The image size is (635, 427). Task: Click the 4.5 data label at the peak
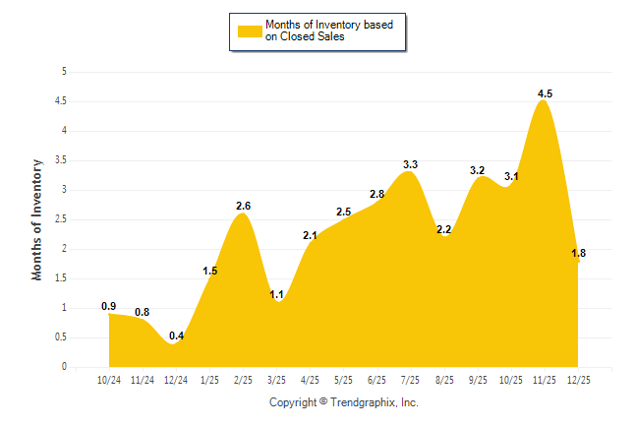point(545,93)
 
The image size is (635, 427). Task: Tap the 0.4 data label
point(176,336)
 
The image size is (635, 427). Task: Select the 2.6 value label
point(244,206)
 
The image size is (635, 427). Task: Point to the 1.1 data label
point(276,294)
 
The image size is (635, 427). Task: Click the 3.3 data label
point(411,164)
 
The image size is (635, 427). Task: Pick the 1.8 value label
point(579,254)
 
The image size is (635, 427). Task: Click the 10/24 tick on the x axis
point(109,380)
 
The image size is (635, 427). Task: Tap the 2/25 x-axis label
point(243,380)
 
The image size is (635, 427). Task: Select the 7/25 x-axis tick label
point(410,380)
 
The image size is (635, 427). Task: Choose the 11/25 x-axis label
point(544,380)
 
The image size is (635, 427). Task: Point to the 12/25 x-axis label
point(577,380)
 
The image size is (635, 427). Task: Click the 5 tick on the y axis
point(64,72)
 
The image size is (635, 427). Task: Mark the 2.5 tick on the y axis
point(61,219)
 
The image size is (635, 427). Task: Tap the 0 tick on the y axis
point(64,367)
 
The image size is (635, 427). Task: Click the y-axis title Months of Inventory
point(37,219)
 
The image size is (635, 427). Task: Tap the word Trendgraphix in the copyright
point(363,402)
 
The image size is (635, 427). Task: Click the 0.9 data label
point(109,306)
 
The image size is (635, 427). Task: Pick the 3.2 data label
point(478,171)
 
